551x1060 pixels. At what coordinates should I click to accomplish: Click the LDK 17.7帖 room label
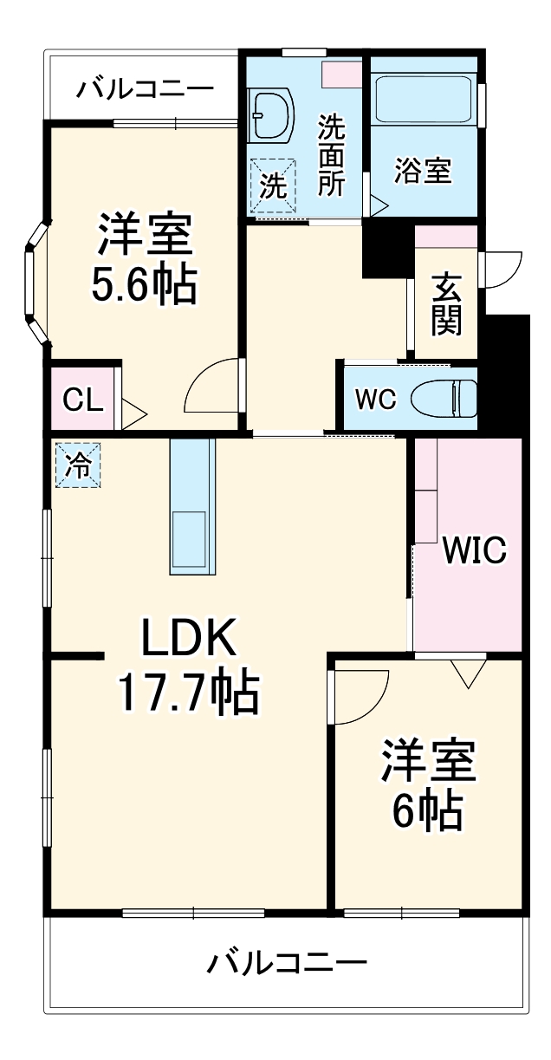188,667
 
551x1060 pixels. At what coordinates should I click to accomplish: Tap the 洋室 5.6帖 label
145,259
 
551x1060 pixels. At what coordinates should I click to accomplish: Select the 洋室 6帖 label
426,784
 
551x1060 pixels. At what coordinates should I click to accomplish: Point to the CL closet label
84,401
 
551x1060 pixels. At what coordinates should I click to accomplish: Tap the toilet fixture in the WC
444,400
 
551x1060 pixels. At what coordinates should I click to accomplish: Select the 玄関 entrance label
446,305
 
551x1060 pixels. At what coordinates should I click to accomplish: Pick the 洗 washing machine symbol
273,185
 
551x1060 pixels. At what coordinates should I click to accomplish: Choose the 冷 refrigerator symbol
78,465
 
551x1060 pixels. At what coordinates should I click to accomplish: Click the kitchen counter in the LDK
191,506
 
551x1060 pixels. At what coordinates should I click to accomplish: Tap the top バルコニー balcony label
144,89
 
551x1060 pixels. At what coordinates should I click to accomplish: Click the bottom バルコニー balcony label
287,962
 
